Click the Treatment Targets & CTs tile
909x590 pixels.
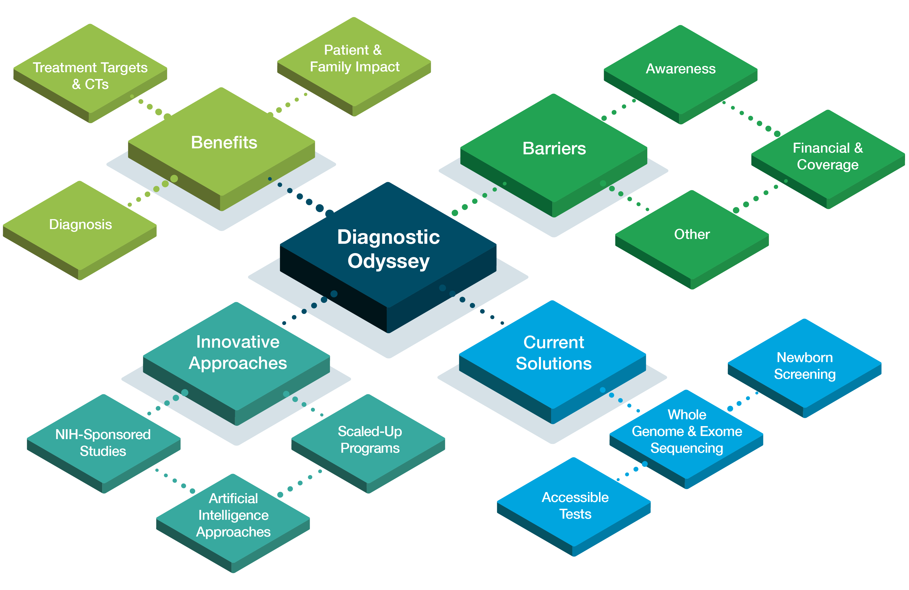tap(90, 75)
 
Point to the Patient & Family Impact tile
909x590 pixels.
tap(354, 58)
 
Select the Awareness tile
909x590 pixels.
tap(681, 69)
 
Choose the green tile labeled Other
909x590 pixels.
tap(692, 234)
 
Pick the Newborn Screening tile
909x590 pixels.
tap(805, 366)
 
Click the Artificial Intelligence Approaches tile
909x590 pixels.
tap(233, 515)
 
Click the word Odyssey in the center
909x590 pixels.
tap(388, 261)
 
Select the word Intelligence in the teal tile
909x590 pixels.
tap(233, 515)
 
